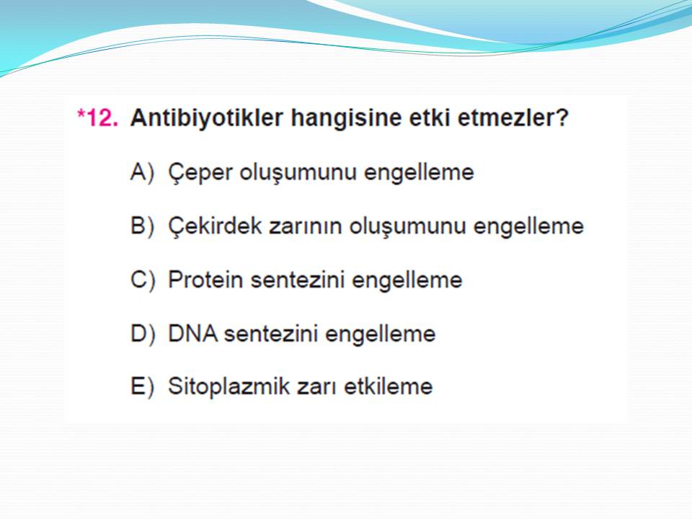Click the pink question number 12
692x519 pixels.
(x=98, y=117)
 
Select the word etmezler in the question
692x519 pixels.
(x=507, y=117)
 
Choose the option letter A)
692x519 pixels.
(x=143, y=172)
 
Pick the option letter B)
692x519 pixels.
(x=143, y=226)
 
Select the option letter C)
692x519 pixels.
(x=143, y=280)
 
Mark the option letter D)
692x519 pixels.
(x=143, y=334)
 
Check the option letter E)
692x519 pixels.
(x=143, y=386)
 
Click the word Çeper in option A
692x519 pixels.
(x=200, y=173)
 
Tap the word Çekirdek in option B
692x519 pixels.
(x=215, y=227)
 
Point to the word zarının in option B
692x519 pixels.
(x=306, y=226)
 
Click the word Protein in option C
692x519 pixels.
(x=205, y=280)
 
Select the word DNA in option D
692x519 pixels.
(x=193, y=334)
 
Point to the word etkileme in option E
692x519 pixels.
(x=389, y=386)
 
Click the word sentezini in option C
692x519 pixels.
(x=298, y=280)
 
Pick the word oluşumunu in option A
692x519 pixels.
(x=298, y=173)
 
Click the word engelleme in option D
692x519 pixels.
(x=381, y=334)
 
